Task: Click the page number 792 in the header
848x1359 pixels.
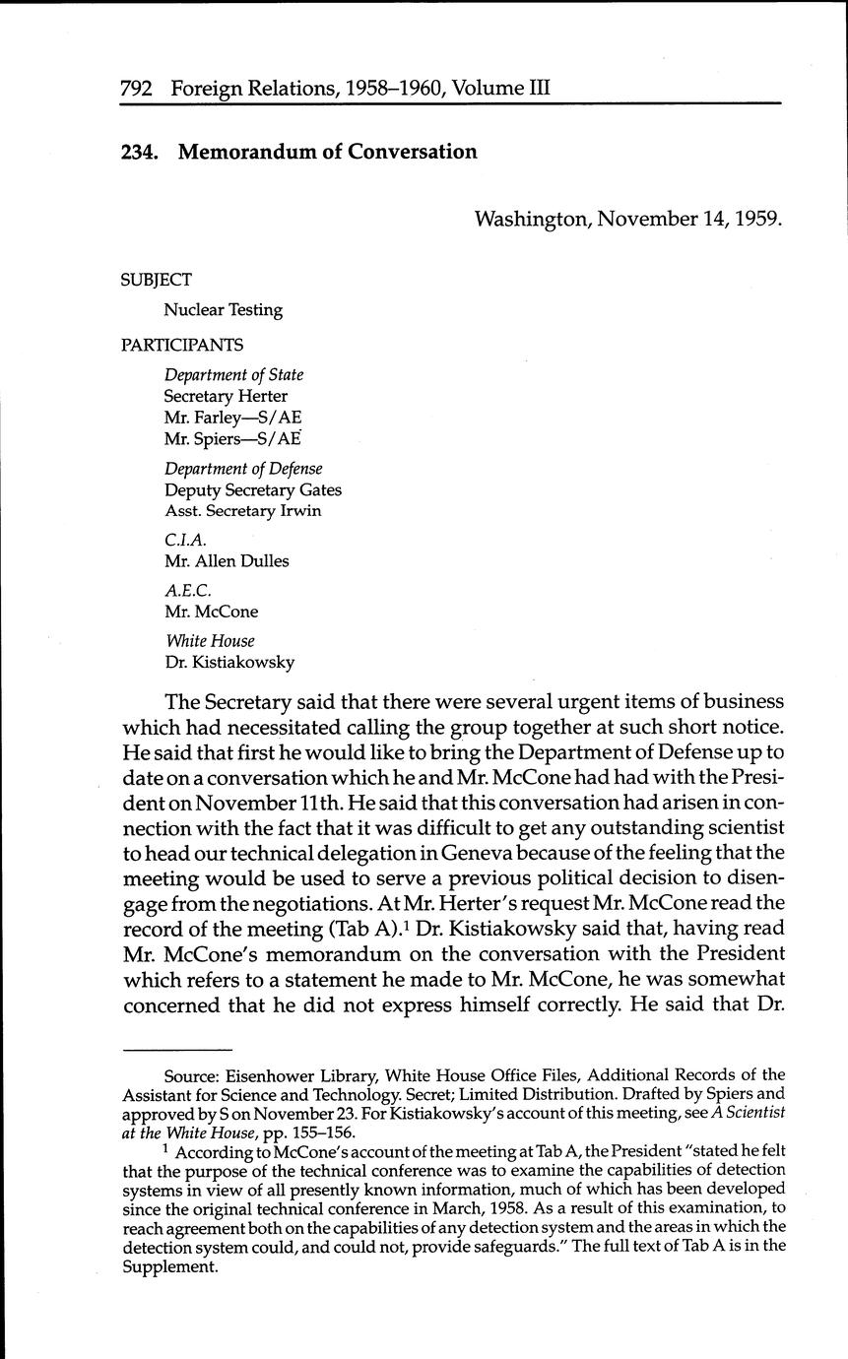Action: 135,89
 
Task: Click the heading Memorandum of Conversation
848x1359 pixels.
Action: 327,152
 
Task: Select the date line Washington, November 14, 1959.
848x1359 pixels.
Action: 628,218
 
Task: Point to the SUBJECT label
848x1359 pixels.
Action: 156,280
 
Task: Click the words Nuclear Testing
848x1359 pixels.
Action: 223,310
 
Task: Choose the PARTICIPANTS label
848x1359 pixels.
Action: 181,345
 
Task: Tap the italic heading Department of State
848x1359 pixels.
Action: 233,375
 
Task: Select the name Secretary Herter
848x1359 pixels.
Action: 226,396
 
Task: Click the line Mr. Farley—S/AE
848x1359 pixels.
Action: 232,417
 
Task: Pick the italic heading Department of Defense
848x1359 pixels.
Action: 243,469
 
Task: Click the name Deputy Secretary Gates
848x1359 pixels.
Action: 253,489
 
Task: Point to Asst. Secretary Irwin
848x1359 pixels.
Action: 242,511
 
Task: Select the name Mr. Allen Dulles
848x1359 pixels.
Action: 227,561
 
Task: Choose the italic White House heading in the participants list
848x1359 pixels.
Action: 210,641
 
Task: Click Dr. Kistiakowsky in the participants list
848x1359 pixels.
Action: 229,663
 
